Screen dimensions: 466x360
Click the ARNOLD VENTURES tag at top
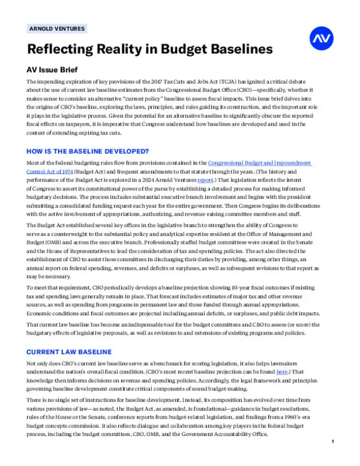(57, 28)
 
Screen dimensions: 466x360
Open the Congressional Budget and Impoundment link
(260, 163)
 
